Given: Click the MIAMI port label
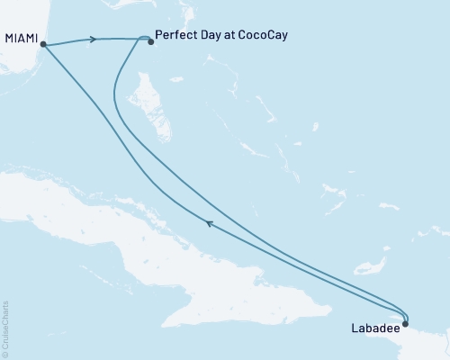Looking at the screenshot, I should click(21, 39).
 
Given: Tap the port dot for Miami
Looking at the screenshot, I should click(43, 44).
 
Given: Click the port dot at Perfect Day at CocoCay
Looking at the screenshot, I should click(150, 40).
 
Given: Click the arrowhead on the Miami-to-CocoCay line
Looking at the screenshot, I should click(93, 40).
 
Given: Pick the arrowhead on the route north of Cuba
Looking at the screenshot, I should click(209, 223).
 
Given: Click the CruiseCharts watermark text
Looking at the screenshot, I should click(4, 325).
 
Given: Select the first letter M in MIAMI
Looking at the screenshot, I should click(9, 39).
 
